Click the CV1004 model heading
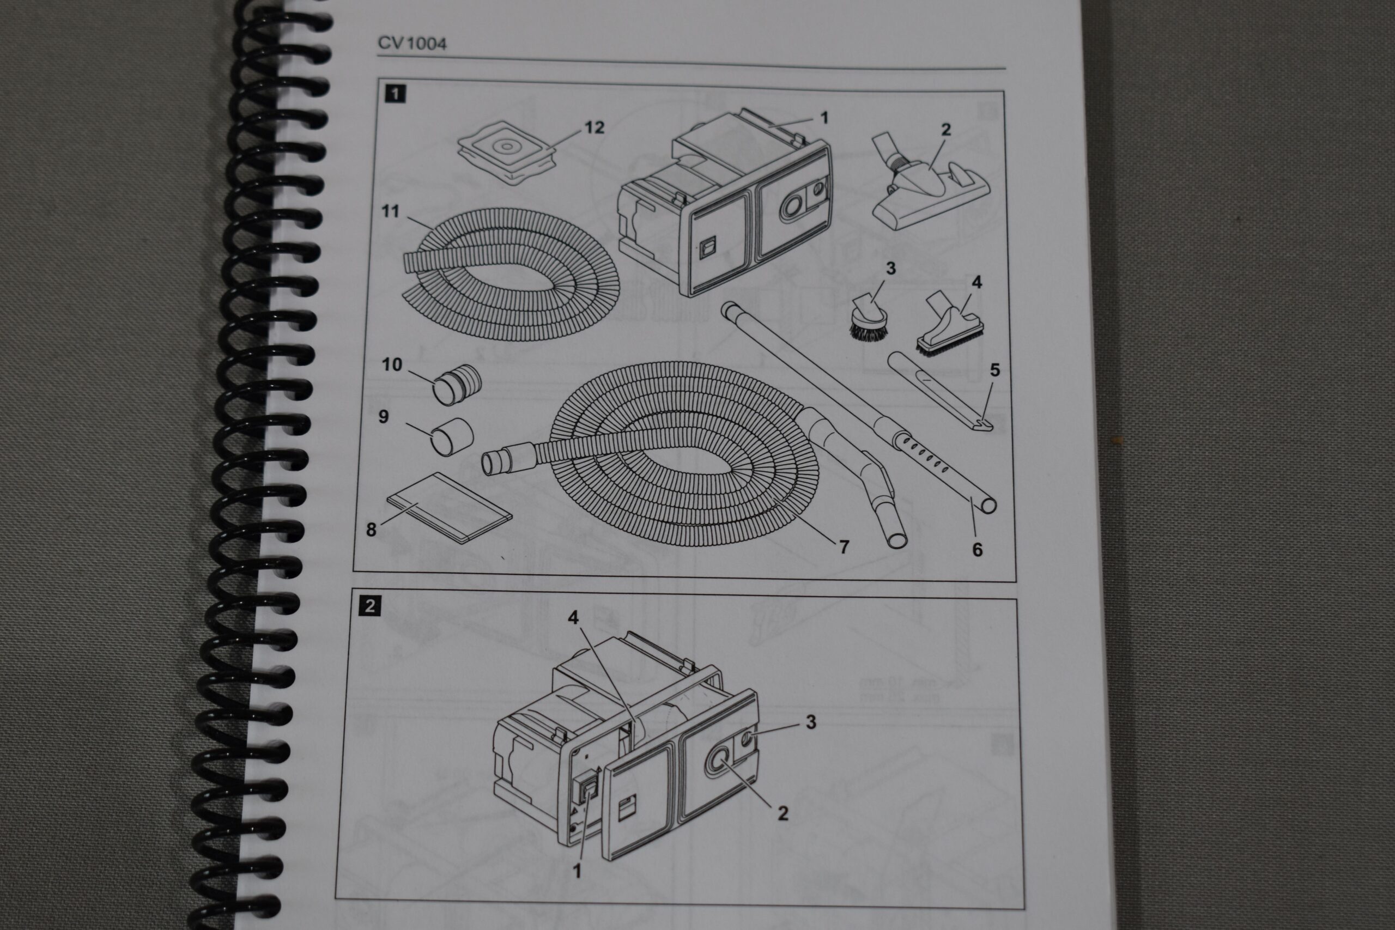(x=412, y=43)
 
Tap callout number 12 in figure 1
(x=594, y=127)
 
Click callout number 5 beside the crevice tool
(x=994, y=370)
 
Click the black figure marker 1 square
(x=395, y=94)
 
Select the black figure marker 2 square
(x=370, y=606)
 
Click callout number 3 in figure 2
(x=811, y=722)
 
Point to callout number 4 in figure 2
(x=573, y=618)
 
